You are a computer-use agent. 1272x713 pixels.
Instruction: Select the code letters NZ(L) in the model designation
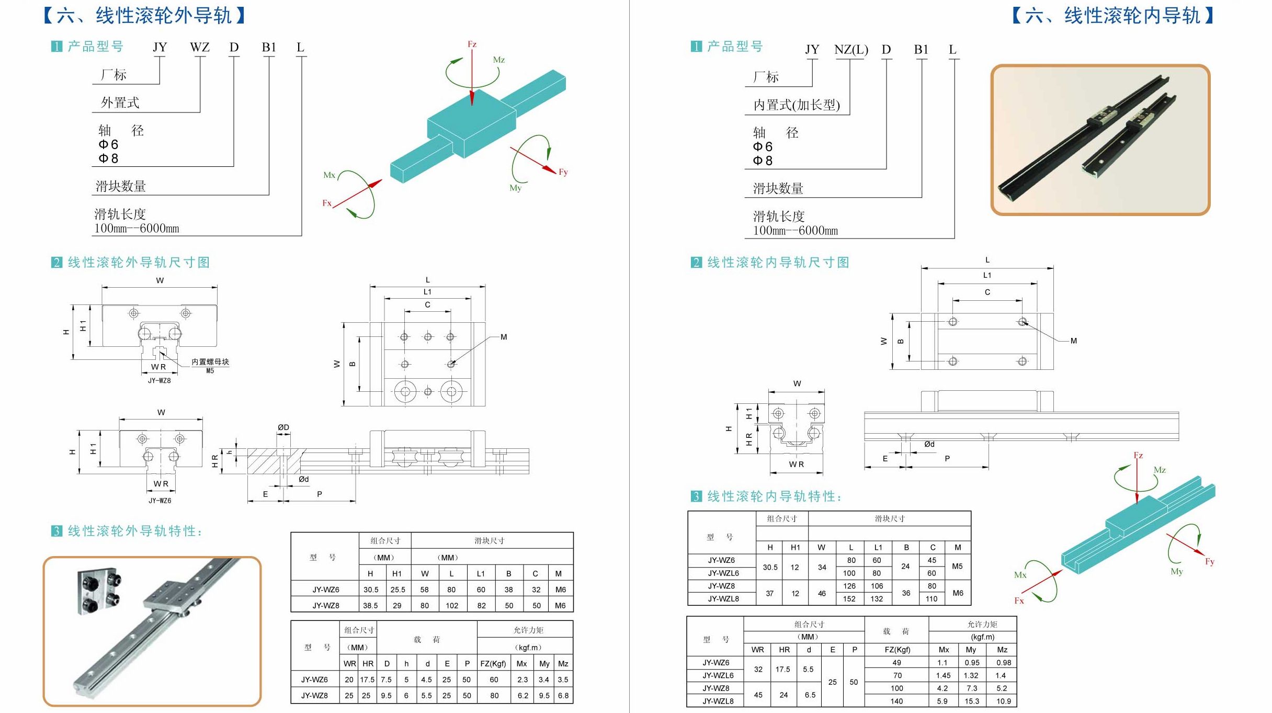point(851,50)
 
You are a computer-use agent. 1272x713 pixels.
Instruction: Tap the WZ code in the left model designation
point(199,48)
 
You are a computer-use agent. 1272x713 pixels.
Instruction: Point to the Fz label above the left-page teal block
point(472,44)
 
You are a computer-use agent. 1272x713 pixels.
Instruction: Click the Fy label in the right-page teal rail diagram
point(1209,562)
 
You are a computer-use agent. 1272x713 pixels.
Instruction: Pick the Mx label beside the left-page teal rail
point(329,175)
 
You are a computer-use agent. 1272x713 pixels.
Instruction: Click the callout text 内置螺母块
point(210,362)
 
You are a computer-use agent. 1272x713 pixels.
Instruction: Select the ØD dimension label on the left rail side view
point(283,427)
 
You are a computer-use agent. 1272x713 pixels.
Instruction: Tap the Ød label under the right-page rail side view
point(929,444)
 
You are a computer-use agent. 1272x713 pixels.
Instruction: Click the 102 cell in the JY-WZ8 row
point(452,606)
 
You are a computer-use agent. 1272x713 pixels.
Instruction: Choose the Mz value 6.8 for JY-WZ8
point(563,696)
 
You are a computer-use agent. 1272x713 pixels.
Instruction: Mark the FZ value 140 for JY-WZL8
point(896,701)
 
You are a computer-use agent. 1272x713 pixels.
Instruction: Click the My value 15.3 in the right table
point(972,701)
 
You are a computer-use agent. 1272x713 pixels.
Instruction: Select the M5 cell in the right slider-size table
point(957,567)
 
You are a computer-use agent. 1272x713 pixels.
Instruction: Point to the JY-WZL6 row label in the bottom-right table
point(718,675)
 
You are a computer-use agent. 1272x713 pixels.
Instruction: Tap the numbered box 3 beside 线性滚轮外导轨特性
point(56,531)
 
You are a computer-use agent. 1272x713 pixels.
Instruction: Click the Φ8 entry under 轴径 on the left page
point(108,159)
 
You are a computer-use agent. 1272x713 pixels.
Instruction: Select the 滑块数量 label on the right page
point(778,189)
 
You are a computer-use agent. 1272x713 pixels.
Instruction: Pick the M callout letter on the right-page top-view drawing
point(1073,341)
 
